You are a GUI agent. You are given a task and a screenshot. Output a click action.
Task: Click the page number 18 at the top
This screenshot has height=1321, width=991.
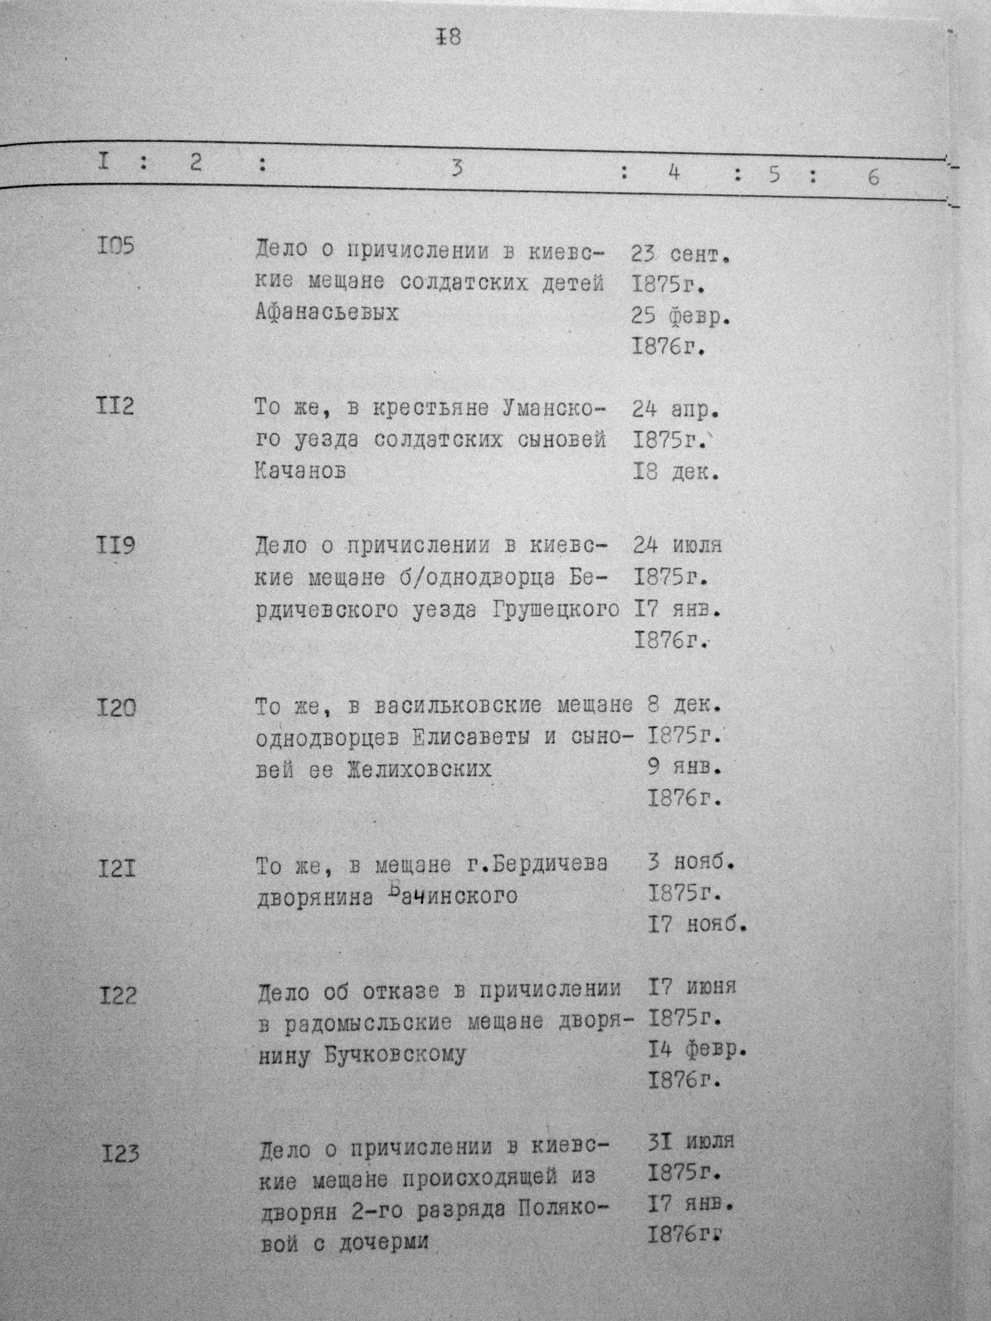coord(450,38)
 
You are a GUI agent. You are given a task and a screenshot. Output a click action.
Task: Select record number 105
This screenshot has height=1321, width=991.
coord(115,247)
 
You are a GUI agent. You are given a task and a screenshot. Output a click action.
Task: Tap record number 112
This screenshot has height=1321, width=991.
coord(115,407)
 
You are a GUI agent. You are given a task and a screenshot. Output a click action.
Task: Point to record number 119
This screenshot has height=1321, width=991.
coord(115,546)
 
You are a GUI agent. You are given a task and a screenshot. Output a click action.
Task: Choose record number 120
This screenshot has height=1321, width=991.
coord(116,708)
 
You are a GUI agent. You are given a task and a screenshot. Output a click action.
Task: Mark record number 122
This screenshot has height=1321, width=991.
coord(118,995)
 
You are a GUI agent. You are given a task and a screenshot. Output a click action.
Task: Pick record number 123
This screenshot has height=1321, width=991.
coord(120,1153)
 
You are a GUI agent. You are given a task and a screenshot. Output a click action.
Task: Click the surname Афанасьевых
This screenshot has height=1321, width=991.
coord(327,313)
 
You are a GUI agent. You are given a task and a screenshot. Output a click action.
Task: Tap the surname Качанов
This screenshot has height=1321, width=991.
coord(300,472)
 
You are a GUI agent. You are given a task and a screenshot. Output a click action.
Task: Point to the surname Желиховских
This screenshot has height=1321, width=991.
coord(420,769)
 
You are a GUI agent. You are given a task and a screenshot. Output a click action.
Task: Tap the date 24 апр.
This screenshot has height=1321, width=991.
coord(675,410)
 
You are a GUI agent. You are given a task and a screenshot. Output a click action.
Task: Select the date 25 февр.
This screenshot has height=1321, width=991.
coord(681,318)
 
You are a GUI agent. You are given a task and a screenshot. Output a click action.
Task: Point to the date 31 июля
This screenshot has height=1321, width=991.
coord(691,1141)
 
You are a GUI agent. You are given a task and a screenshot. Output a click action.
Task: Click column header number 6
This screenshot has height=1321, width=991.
coord(873,177)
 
